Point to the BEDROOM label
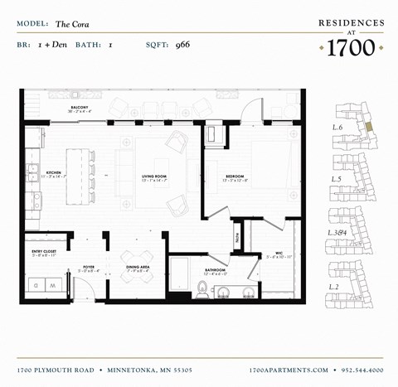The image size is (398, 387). point(233,176)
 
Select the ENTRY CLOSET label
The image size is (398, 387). point(43,252)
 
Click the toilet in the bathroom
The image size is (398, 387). point(201,290)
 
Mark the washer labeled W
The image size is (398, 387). point(53,285)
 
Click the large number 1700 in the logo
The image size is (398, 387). point(352,47)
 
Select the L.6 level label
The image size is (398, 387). point(337,128)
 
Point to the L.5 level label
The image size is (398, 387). point(337,179)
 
